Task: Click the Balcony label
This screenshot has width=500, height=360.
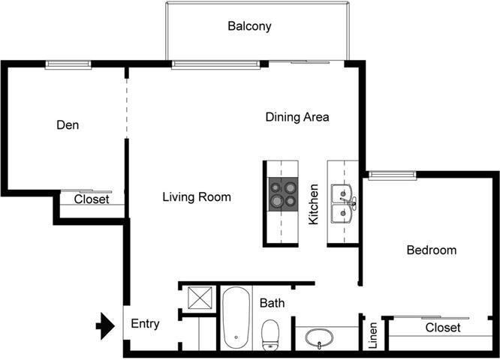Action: click(x=249, y=26)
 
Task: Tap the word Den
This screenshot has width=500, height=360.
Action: click(x=68, y=125)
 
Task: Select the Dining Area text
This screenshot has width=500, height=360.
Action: click(x=297, y=117)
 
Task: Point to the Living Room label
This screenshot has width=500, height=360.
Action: click(x=197, y=197)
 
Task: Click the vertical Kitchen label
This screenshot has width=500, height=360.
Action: click(x=314, y=205)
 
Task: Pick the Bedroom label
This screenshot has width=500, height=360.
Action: click(x=431, y=250)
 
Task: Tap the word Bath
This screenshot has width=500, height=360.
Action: click(x=272, y=304)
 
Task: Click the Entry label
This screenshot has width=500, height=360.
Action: click(x=145, y=324)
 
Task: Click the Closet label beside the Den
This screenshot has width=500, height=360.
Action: click(x=92, y=200)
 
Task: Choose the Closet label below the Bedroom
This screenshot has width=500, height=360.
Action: click(x=443, y=328)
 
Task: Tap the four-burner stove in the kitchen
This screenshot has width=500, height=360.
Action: click(x=281, y=193)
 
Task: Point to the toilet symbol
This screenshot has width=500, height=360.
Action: click(x=270, y=334)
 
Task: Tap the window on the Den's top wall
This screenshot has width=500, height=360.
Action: click(x=68, y=64)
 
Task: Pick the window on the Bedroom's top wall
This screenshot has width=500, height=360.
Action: click(x=391, y=175)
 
